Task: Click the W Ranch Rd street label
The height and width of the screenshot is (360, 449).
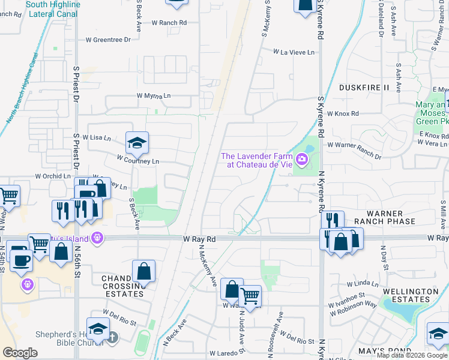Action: pyautogui.click(x=169, y=22)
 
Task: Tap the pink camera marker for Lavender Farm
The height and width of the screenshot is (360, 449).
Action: pyautogui.click(x=302, y=160)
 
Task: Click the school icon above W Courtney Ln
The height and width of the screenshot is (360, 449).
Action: pyautogui.click(x=137, y=143)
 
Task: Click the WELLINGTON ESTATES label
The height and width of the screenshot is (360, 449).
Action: pyautogui.click(x=409, y=295)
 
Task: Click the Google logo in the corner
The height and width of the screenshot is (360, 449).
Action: pyautogui.click(x=20, y=353)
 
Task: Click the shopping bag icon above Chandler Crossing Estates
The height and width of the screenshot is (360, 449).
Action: pyautogui.click(x=144, y=271)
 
